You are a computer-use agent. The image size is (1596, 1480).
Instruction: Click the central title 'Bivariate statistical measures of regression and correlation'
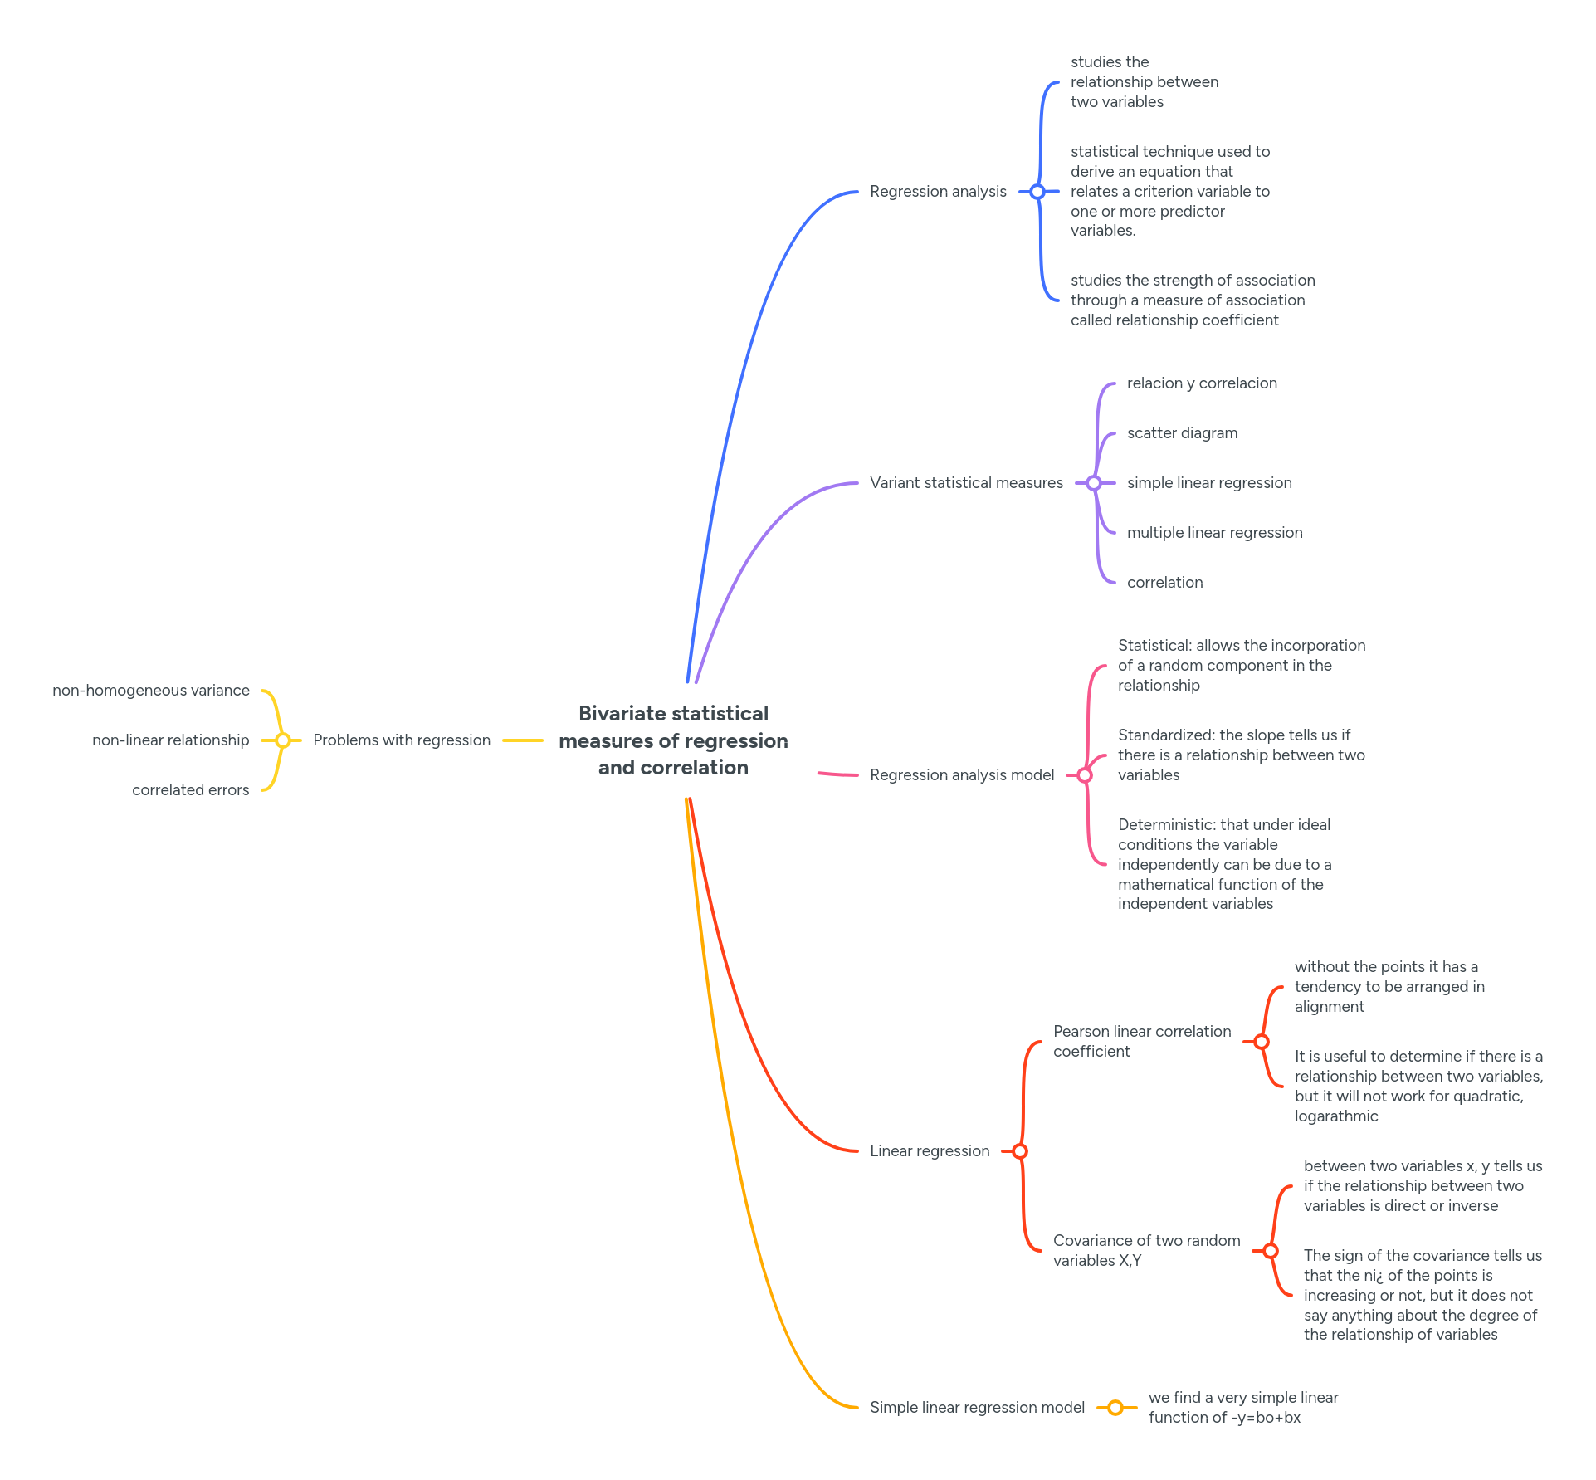click(x=673, y=740)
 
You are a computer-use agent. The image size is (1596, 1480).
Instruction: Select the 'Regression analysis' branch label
click(x=938, y=192)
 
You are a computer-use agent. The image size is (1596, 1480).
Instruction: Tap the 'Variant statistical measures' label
click(x=966, y=483)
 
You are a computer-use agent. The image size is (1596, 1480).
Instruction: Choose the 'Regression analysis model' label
click(x=962, y=775)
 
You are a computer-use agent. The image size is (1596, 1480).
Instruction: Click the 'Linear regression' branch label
click(x=930, y=1151)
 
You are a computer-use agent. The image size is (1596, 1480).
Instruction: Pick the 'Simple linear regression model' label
click(x=977, y=1408)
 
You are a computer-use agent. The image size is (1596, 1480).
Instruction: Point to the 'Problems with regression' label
click(x=402, y=740)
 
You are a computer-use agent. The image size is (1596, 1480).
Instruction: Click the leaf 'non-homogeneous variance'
click(x=151, y=691)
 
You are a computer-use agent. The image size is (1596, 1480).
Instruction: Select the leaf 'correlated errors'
click(x=191, y=790)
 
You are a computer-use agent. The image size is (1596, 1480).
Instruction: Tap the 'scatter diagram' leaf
click(x=1182, y=433)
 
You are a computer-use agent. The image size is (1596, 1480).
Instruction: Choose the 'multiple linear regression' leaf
click(x=1214, y=533)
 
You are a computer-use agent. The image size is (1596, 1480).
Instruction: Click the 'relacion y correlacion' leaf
click(x=1202, y=383)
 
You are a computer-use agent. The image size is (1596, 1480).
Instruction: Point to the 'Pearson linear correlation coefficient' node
click(x=1142, y=1042)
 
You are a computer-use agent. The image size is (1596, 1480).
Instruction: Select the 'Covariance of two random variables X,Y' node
click(x=1146, y=1251)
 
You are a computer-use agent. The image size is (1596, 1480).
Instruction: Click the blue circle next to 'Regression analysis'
click(x=1037, y=192)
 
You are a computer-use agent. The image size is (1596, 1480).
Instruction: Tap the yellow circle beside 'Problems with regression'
click(x=283, y=740)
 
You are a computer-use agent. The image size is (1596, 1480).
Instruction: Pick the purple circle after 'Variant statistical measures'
click(x=1094, y=483)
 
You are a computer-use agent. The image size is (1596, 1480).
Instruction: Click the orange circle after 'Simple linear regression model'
click(x=1115, y=1408)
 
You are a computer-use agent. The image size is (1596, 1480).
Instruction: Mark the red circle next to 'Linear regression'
click(x=1020, y=1151)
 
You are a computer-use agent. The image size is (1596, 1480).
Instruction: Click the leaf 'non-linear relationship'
click(x=171, y=740)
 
